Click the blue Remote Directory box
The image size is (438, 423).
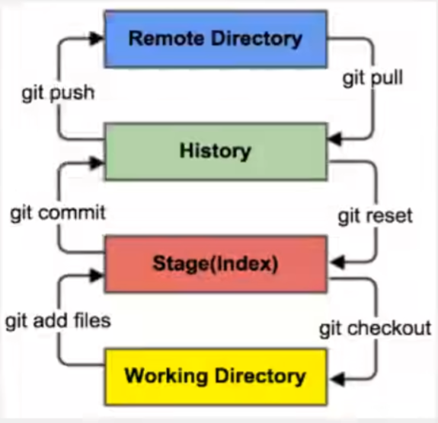[x=216, y=39]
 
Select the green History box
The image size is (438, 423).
[x=216, y=151]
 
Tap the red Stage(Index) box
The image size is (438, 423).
[x=216, y=264]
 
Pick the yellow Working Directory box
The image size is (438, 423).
[x=216, y=377]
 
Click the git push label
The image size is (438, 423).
[x=58, y=93]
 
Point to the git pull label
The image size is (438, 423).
[x=372, y=78]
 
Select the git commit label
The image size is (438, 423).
[x=58, y=213]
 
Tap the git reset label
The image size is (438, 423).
[x=375, y=216]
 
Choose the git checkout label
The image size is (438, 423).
[x=376, y=329]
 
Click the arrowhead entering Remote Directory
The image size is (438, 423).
[x=98, y=38]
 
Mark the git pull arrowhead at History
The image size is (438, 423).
[x=334, y=138]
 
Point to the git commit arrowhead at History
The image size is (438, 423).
[x=98, y=163]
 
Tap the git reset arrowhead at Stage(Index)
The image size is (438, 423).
[x=337, y=262]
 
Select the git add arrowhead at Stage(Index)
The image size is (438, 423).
[x=98, y=275]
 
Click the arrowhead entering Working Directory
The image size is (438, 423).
[x=337, y=379]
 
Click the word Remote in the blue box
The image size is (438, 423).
[x=166, y=38]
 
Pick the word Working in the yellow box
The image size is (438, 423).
[x=166, y=377]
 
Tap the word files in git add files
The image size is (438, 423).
[x=93, y=320]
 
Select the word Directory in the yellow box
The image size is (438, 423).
[x=260, y=377]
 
